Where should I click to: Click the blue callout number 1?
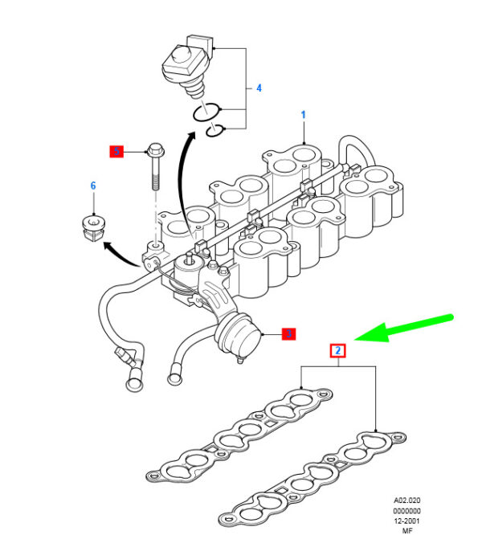304,115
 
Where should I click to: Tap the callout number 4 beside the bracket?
258,88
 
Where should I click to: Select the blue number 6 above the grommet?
92,186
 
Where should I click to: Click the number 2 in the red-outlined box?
339,350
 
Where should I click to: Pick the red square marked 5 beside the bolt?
117,150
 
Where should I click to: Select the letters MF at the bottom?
407,531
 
